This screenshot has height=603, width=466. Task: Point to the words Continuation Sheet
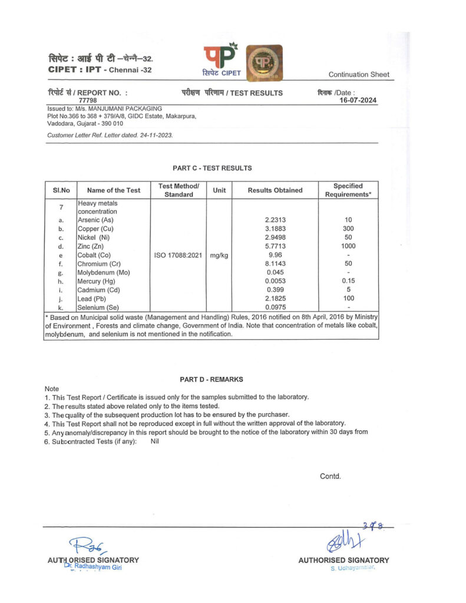pos(359,75)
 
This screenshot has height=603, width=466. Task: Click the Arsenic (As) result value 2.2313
pos(276,220)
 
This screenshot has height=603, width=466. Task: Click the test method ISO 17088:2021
pos(178,255)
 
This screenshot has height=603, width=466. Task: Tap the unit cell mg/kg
pos(219,255)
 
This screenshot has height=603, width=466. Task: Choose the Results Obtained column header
pos(275,190)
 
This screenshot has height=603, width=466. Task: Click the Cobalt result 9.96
pos(275,255)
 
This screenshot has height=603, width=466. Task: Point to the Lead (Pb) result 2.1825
pos(276,299)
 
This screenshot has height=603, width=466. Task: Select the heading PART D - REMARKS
pos(211,380)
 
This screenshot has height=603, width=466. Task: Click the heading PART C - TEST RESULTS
pos(212,168)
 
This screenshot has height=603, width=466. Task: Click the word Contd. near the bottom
pos(330,476)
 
